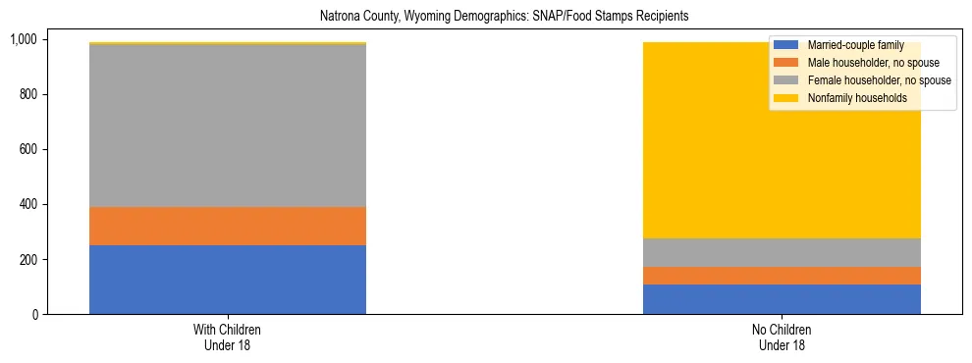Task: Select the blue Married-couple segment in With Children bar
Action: [x=228, y=280]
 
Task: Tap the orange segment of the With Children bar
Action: [x=228, y=226]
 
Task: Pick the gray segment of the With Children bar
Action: [x=228, y=126]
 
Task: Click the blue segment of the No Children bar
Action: [x=782, y=299]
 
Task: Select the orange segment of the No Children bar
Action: [x=782, y=276]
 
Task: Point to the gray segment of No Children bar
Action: [x=782, y=253]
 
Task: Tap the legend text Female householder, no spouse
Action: [x=879, y=80]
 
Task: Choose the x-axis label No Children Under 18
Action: [x=782, y=337]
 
